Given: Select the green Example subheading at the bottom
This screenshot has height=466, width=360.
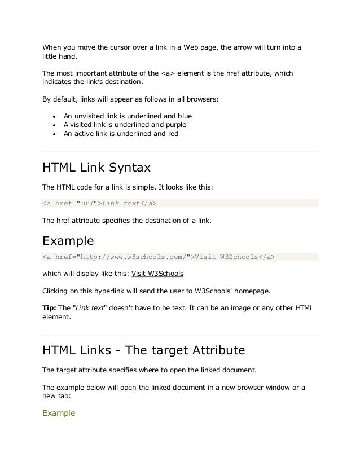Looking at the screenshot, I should pyautogui.click(x=59, y=413).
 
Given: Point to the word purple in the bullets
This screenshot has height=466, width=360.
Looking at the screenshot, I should pyautogui.click(x=175, y=124).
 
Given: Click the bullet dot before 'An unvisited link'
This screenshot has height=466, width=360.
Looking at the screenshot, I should pyautogui.click(x=53, y=115).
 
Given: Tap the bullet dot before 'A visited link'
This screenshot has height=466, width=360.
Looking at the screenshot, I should pyautogui.click(x=53, y=125).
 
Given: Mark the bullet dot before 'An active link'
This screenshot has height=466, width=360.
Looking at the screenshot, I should pyautogui.click(x=53, y=134).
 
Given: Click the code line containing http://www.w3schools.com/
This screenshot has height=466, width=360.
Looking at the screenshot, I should pyautogui.click(x=159, y=257).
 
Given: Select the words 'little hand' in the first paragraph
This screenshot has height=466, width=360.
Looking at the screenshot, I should pyautogui.click(x=59, y=56).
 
